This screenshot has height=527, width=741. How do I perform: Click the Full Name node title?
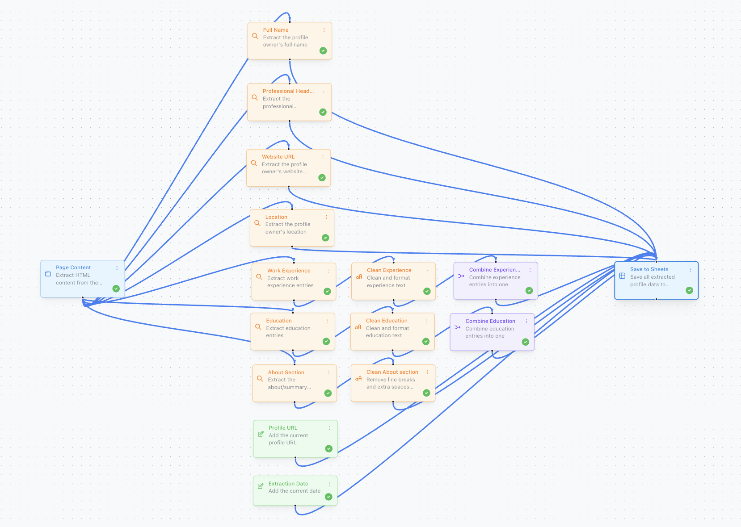coord(275,30)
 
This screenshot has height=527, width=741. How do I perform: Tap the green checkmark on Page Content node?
coord(116,289)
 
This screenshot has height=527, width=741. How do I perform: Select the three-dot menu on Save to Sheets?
coord(690,270)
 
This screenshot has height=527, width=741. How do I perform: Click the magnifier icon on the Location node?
coord(257,223)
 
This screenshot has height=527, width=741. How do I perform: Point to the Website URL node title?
coord(278,157)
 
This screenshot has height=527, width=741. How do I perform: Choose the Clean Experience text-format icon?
coord(359,277)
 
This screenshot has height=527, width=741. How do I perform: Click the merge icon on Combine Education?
coord(457,327)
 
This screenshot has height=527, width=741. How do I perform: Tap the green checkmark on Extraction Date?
coord(328,497)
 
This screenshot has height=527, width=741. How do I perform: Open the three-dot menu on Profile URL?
coord(330,428)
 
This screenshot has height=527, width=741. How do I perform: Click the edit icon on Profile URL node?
coord(261,434)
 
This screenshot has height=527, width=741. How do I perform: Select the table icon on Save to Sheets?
coord(622,276)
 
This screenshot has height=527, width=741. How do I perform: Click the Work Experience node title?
coord(289,271)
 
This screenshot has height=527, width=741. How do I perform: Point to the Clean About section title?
coord(392,372)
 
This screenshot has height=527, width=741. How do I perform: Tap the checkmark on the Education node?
coord(326,342)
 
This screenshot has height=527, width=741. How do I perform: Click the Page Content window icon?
coord(48,274)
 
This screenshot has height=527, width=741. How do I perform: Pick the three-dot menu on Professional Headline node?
coord(324,91)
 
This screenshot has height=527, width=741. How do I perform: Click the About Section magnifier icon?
coord(260,378)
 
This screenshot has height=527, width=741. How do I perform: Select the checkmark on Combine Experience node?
coord(529,291)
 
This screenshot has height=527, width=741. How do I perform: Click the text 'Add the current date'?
coord(294,491)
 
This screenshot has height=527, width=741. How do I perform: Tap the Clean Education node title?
coord(387,321)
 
